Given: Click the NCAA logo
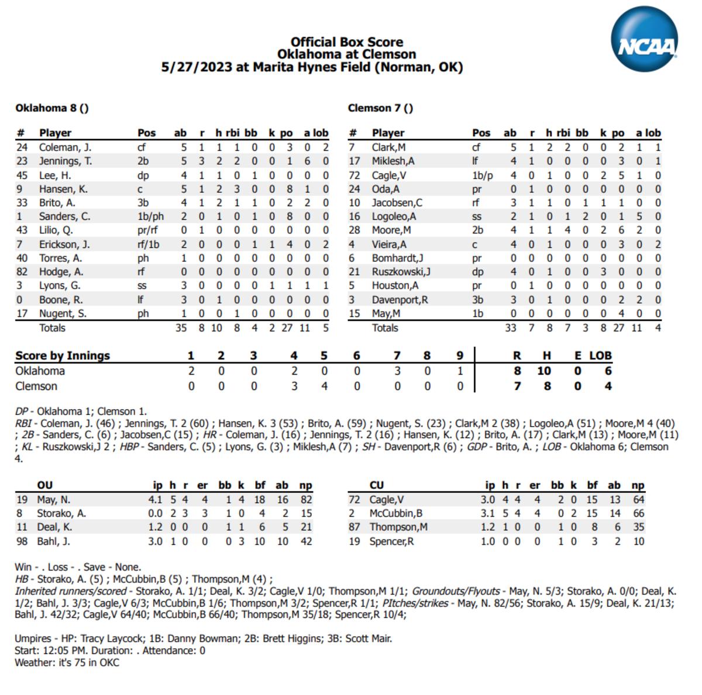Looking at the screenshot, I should [x=644, y=40].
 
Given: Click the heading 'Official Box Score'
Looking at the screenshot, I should [x=346, y=42].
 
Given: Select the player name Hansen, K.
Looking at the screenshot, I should [x=63, y=189].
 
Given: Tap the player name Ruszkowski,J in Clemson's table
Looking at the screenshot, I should [x=401, y=272].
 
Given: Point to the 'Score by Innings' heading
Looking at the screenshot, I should [x=63, y=355].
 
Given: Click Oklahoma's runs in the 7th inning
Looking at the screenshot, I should [x=397, y=371].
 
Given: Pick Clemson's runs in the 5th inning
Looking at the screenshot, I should [x=324, y=386].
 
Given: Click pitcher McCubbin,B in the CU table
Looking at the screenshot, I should [x=395, y=513].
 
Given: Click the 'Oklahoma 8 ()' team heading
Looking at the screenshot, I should [x=52, y=108].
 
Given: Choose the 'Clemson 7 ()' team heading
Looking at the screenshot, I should [x=380, y=108].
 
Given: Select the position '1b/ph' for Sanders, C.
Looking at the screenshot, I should [x=150, y=216].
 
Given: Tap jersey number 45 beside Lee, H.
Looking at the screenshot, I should [x=22, y=175].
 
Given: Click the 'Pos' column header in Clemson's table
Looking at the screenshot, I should [x=481, y=133].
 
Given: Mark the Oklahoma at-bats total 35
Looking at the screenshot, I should [x=181, y=328].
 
